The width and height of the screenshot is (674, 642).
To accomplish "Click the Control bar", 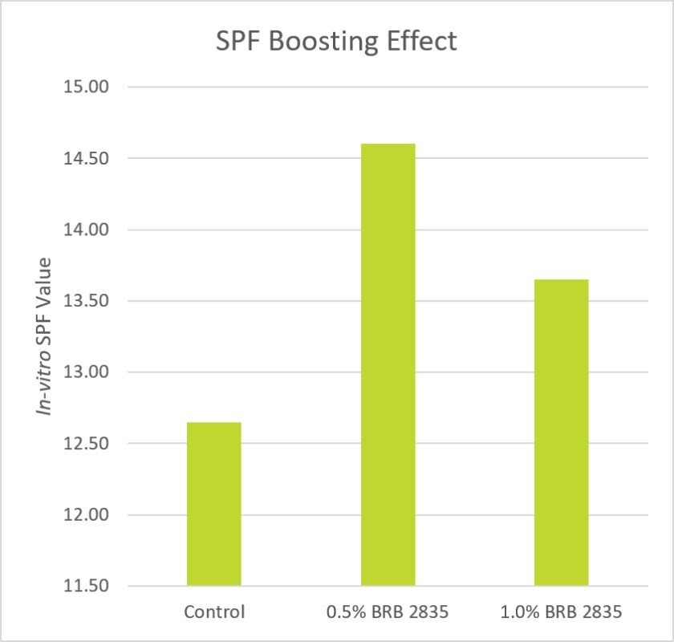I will click(213, 504).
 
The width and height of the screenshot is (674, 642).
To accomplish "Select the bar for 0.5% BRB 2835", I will click(388, 365).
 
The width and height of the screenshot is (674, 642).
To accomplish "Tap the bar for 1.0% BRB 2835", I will click(561, 433).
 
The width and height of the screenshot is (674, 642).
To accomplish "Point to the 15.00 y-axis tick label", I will click(86, 87).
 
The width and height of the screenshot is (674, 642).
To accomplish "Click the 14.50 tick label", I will click(86, 158).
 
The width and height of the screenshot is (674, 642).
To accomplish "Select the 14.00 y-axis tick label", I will click(86, 230).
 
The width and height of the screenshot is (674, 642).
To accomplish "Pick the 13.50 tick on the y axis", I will click(86, 301).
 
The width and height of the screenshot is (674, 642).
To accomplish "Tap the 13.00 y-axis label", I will click(86, 372).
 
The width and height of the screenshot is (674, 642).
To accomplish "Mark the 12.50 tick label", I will click(86, 444).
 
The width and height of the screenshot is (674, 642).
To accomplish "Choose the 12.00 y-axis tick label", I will click(86, 515).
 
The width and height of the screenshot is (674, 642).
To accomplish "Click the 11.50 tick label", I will click(86, 587).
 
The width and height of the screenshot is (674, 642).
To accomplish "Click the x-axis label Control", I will click(213, 612).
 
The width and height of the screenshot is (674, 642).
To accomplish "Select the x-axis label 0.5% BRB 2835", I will click(388, 612).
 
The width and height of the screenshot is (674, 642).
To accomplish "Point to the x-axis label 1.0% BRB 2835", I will click(561, 612).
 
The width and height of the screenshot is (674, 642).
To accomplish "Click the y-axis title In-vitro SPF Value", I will click(46, 336).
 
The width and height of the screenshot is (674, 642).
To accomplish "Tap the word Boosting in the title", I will click(327, 40).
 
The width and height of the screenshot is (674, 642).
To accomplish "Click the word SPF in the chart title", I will click(239, 40).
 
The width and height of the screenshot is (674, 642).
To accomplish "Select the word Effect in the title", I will click(423, 40).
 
